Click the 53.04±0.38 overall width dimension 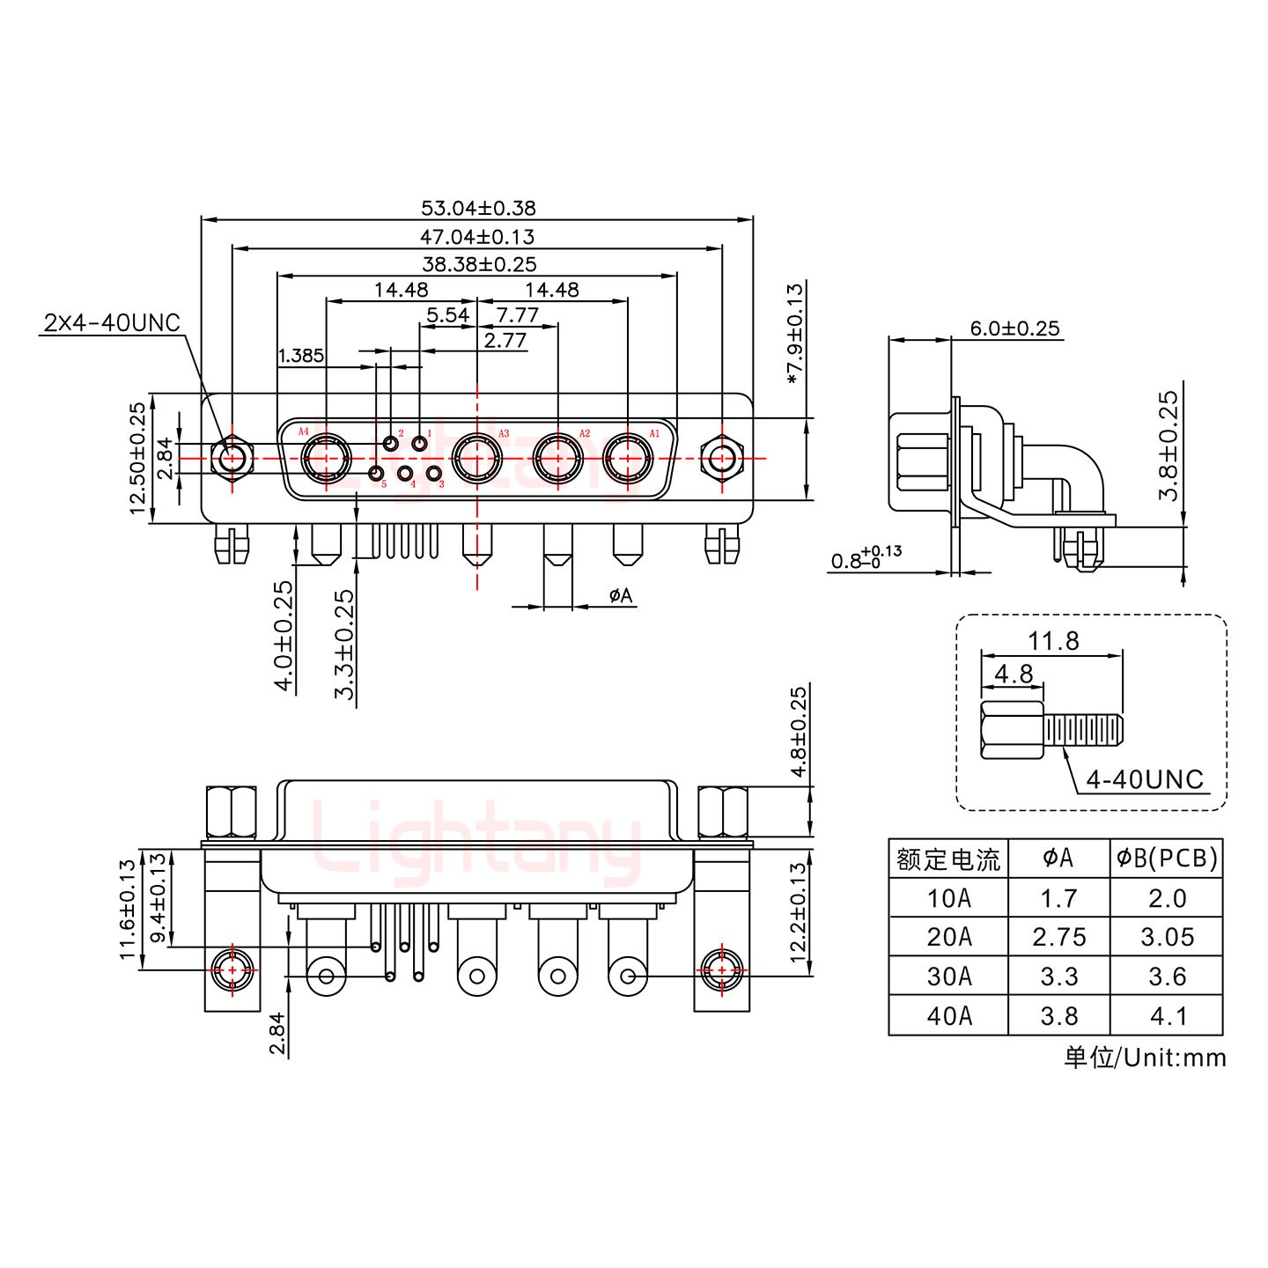[477, 209]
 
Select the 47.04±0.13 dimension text [477, 237]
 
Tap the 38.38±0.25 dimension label [478, 264]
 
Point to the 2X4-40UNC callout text [111, 323]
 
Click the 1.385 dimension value [300, 357]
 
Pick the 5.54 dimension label [447, 315]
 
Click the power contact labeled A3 [476, 459]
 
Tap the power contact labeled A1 [627, 459]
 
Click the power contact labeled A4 [326, 459]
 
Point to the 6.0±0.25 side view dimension [1014, 328]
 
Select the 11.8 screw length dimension [1053, 641]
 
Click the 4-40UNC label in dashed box [1145, 779]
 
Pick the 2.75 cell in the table [1058, 937]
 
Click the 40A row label [948, 1016]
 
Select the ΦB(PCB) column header [1167, 858]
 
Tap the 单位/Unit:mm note [1145, 1057]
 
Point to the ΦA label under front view [620, 596]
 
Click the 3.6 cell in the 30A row [1167, 977]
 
